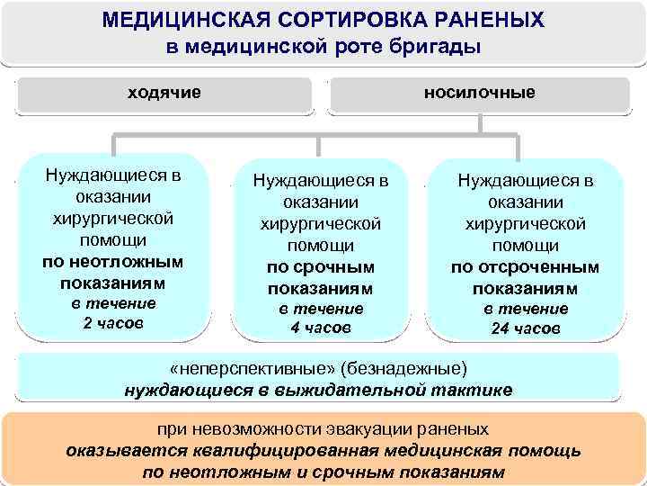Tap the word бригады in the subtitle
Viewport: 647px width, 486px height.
pyautogui.click(x=437, y=46)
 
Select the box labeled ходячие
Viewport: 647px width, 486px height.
pyautogui.click(x=164, y=94)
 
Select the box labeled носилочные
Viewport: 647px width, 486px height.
pyautogui.click(x=479, y=94)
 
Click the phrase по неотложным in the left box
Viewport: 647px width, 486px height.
pyautogui.click(x=112, y=262)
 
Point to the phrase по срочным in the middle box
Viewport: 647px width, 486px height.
pyautogui.click(x=320, y=267)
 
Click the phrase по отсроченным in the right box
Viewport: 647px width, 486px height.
pyautogui.click(x=525, y=267)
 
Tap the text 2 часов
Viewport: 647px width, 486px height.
pyautogui.click(x=112, y=322)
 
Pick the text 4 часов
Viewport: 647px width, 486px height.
pyautogui.click(x=320, y=328)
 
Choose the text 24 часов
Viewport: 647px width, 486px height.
pyautogui.click(x=525, y=328)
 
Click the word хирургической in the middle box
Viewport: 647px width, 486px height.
pyautogui.click(x=320, y=223)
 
